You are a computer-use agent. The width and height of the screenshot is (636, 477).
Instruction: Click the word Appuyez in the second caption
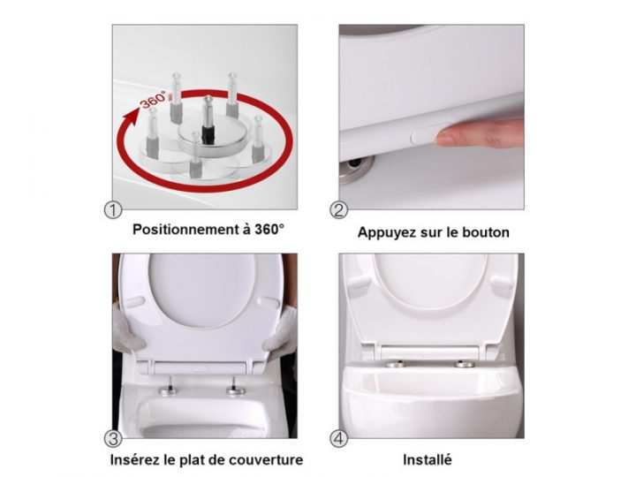(x=386, y=233)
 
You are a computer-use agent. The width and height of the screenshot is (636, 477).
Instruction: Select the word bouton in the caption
(x=486, y=233)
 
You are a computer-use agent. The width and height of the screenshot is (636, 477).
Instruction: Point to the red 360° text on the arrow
(x=153, y=99)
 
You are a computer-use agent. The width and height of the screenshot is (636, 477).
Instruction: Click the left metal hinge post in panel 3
(x=168, y=386)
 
